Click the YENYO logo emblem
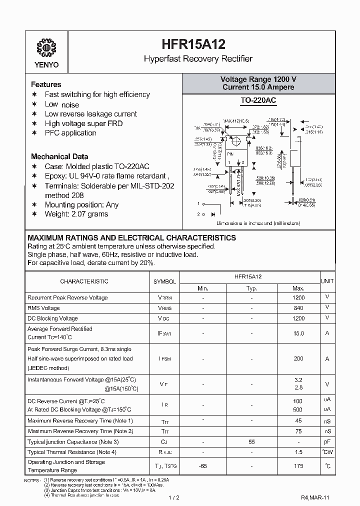(x=46, y=49)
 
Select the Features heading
(x=46, y=84)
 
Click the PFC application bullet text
(x=70, y=133)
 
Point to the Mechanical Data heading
(x=59, y=156)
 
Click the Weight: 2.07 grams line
(x=76, y=214)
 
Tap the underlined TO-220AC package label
(x=258, y=100)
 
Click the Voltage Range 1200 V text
(x=258, y=79)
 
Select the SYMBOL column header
(x=164, y=281)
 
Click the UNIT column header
(x=327, y=281)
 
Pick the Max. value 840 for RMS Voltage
(x=298, y=308)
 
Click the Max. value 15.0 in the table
(x=298, y=333)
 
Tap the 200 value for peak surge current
(x=298, y=358)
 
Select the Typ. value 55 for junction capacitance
(x=251, y=442)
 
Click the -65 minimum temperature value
(x=203, y=466)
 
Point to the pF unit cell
(x=327, y=442)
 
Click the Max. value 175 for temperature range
(x=298, y=466)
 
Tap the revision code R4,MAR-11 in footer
(x=315, y=498)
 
